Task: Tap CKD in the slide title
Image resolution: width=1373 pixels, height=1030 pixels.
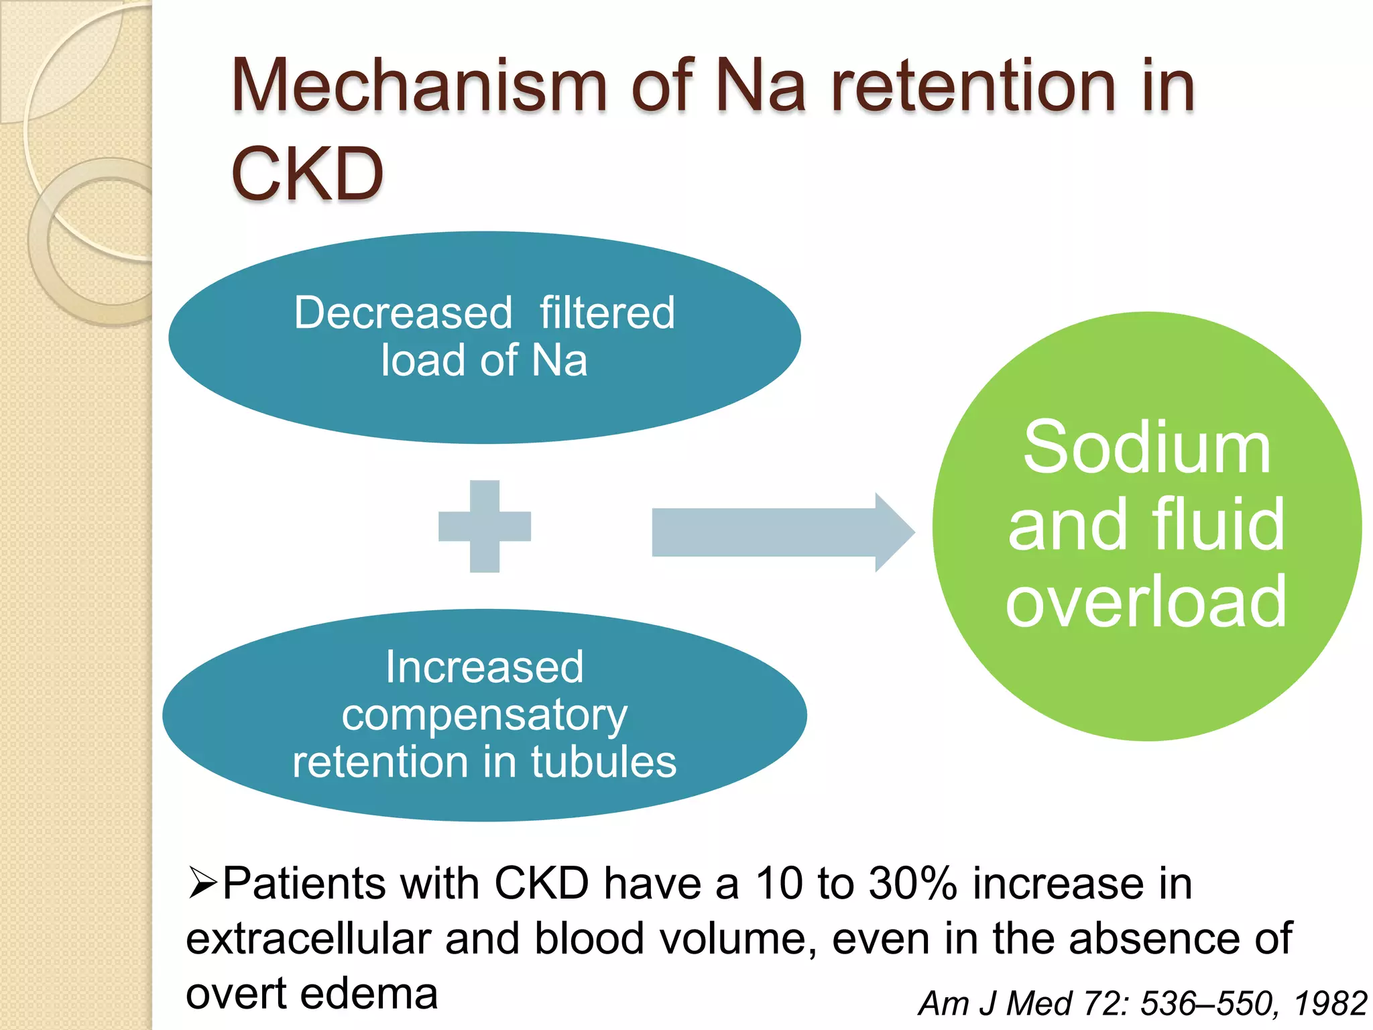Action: pos(307,174)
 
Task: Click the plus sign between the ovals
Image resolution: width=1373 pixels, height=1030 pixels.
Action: pos(485,526)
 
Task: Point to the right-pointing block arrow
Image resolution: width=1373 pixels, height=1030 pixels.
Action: pos(781,532)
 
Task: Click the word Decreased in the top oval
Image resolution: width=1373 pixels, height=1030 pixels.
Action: pos(403,313)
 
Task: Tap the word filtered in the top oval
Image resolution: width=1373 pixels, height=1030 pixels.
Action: pos(607,313)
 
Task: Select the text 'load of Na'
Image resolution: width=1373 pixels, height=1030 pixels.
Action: pos(484,361)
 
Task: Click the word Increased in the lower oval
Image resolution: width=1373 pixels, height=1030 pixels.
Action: pos(484,668)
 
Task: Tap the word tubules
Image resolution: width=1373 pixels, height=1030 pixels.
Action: pos(603,762)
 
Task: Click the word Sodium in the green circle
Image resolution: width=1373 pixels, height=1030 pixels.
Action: pos(1146,448)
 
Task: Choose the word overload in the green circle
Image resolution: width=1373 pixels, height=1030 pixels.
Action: pos(1146,602)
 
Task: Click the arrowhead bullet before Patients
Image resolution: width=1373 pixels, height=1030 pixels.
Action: pos(202,883)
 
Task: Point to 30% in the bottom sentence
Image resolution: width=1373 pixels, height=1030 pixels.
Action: pos(912,883)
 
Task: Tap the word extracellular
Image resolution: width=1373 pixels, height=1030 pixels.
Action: pos(308,938)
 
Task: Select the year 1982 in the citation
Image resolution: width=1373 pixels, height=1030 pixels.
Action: pos(1330,1004)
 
